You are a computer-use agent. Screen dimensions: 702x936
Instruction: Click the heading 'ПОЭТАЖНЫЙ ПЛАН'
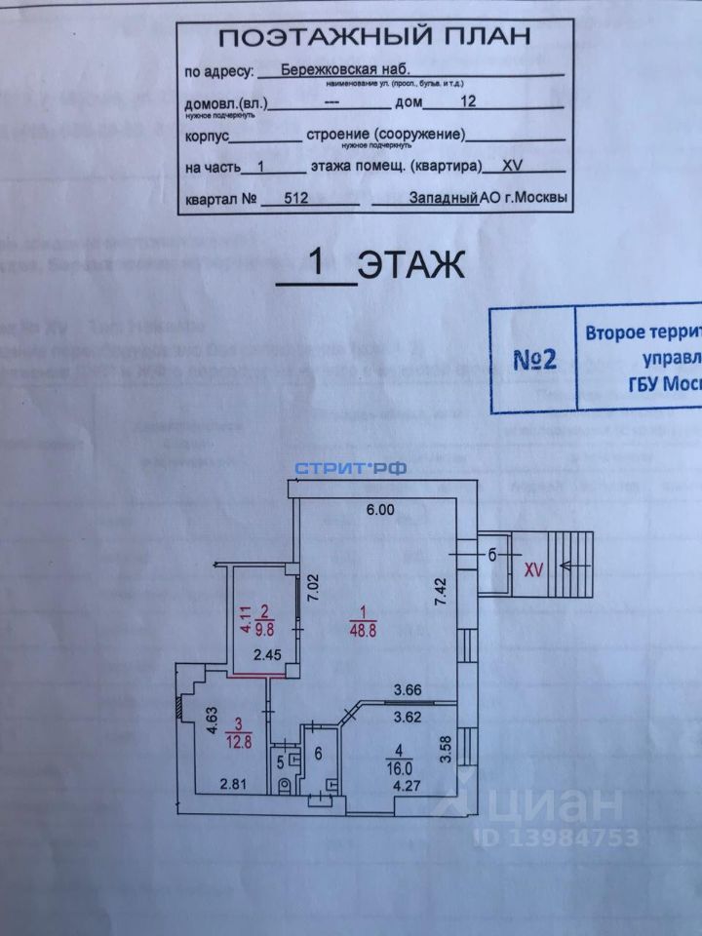click(374, 38)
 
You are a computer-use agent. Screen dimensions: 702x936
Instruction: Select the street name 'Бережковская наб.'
click(338, 70)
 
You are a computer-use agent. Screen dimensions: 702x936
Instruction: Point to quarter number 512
click(297, 196)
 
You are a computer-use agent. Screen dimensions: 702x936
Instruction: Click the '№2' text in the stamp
click(533, 358)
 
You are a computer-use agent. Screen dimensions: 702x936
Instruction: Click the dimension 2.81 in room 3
click(232, 782)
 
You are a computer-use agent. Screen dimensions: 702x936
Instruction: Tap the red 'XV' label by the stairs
click(532, 565)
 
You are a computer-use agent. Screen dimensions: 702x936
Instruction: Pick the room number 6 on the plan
click(317, 754)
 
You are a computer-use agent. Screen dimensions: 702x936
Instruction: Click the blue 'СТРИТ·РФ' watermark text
click(350, 468)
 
